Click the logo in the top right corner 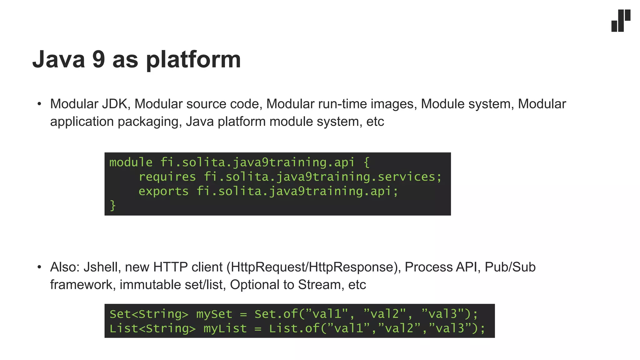(621, 21)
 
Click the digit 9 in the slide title (98, 59)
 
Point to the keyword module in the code (131, 162)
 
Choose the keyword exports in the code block (163, 191)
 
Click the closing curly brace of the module (113, 206)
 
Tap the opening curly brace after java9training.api (367, 162)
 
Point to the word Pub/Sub (510, 267)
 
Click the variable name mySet (214, 314)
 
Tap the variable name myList (225, 328)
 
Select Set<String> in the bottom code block (149, 314)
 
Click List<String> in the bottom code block (152, 328)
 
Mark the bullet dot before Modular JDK (39, 104)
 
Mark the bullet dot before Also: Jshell (39, 267)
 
